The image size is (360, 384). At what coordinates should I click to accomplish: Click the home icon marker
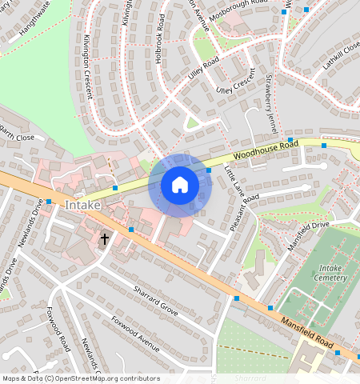click(x=180, y=186)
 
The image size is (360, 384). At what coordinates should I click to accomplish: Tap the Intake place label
click(x=83, y=206)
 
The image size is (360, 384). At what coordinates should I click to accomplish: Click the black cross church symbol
click(x=104, y=239)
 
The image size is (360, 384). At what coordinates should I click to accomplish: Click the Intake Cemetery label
click(x=333, y=274)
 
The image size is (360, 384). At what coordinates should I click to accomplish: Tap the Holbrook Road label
click(x=160, y=50)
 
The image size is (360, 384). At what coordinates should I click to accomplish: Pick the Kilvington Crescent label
click(x=88, y=67)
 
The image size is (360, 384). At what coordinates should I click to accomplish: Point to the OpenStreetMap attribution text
click(x=81, y=378)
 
